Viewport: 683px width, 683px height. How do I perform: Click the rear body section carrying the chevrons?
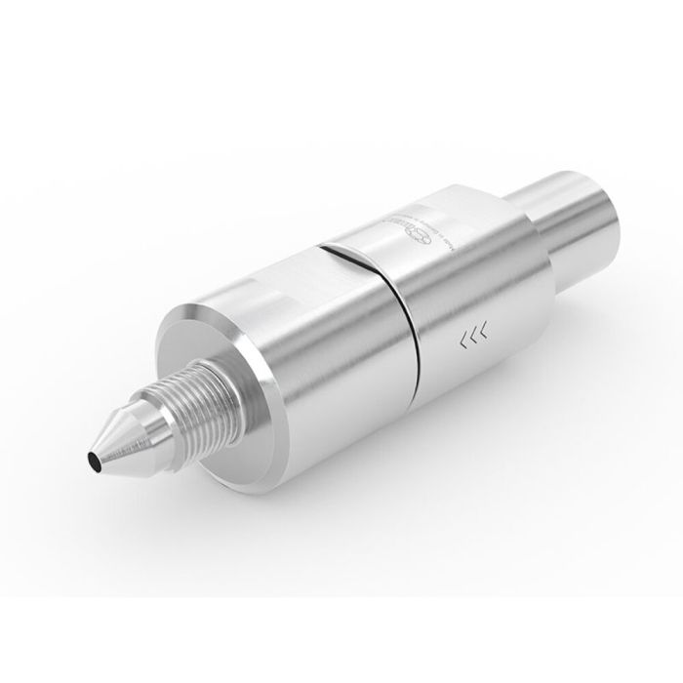468,293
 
